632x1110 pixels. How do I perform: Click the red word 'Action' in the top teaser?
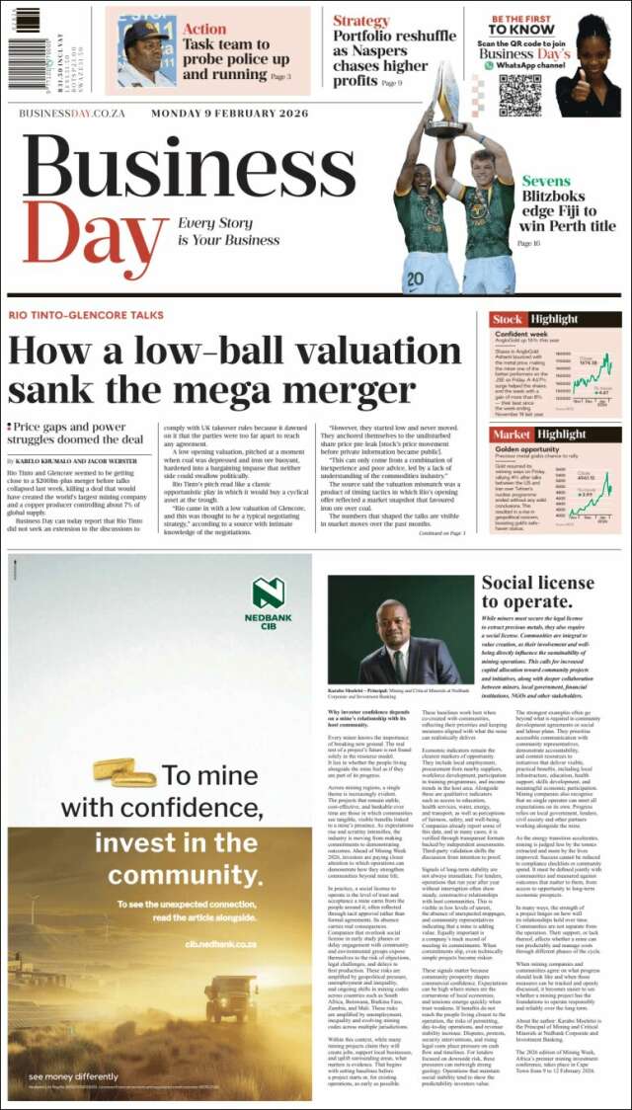pyautogui.click(x=203, y=30)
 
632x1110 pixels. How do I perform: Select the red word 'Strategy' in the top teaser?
pyautogui.click(x=360, y=21)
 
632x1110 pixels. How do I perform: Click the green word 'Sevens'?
pyautogui.click(x=545, y=182)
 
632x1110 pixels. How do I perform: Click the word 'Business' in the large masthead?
pyautogui.click(x=188, y=164)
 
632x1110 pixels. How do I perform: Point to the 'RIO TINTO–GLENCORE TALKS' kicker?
pyautogui.click(x=86, y=315)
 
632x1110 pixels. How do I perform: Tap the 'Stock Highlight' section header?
pyautogui.click(x=534, y=320)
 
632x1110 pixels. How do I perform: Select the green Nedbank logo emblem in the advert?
pyautogui.click(x=269, y=593)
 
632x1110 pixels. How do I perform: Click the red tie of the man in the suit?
pyautogui.click(x=399, y=663)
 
